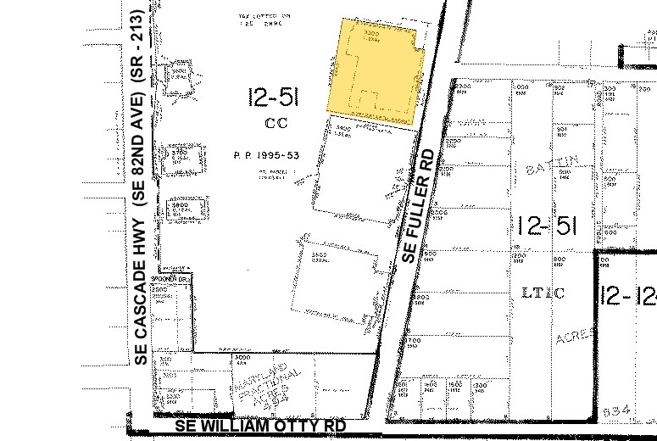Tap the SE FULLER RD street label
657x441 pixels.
[421, 206]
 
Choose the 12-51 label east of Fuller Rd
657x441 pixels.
[547, 226]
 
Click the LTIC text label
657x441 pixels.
[543, 293]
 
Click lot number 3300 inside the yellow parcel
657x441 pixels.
[370, 33]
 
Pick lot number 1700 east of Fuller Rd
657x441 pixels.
[413, 340]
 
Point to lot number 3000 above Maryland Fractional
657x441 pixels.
[240, 355]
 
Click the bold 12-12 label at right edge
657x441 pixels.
[628, 295]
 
